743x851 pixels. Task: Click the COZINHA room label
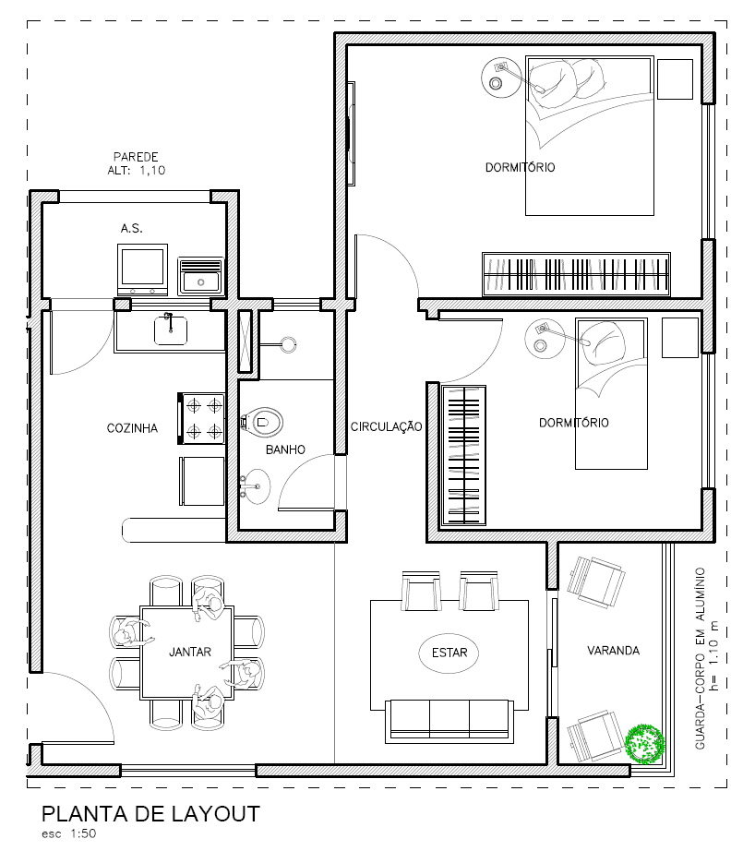click(132, 428)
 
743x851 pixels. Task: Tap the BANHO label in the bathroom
click(285, 449)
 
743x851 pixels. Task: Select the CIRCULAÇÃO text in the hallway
click(386, 427)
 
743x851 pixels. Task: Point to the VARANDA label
click(613, 650)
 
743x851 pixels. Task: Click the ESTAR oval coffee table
click(449, 653)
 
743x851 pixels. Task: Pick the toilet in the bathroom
click(261, 422)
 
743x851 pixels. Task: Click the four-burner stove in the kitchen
click(201, 418)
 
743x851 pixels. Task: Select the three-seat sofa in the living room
click(449, 721)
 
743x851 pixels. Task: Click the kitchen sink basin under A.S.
click(171, 331)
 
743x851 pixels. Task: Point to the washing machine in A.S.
click(142, 270)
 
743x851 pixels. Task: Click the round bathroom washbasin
click(256, 486)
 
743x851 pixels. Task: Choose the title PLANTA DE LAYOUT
click(150, 814)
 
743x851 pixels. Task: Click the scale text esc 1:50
click(69, 833)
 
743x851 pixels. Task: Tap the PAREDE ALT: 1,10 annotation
click(137, 163)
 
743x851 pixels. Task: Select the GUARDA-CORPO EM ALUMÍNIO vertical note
click(707, 658)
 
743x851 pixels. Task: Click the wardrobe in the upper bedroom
click(576, 274)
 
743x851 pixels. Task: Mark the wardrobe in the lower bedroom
click(463, 455)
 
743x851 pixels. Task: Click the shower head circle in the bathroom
click(288, 344)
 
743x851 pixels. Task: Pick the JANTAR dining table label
click(190, 652)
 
